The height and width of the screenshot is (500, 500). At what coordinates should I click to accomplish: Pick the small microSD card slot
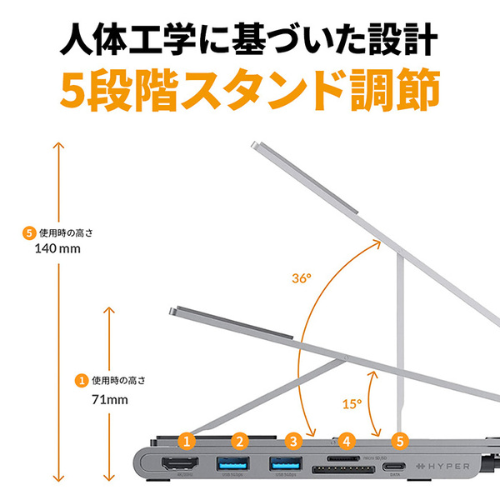342,457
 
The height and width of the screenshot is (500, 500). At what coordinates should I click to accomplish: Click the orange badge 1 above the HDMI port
187,439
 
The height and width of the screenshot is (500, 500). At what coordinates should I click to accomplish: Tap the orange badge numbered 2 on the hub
241,439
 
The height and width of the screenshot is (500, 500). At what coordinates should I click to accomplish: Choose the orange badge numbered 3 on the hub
292,439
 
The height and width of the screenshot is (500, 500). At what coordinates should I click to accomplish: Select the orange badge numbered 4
347,439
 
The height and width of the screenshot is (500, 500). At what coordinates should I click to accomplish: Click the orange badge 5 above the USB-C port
401,439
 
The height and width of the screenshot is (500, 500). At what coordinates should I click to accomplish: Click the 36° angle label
302,277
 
